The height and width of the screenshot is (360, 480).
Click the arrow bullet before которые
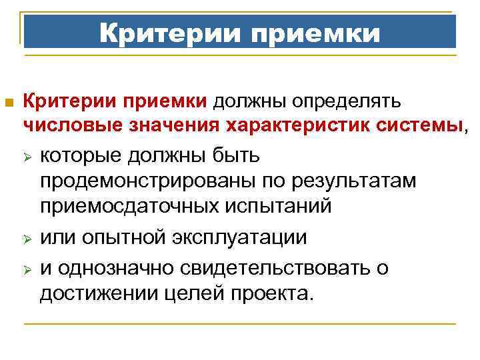27,157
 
